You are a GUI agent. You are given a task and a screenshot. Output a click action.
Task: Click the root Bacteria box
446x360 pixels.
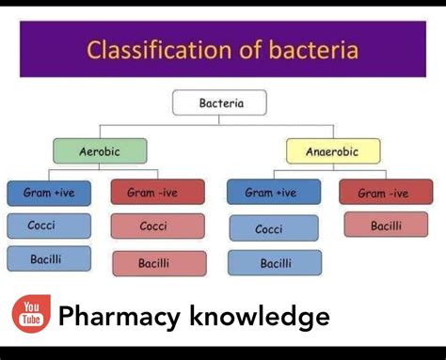219,102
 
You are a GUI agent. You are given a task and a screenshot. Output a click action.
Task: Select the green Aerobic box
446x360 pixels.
100,151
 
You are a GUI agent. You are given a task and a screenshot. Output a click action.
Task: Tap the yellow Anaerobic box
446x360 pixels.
333,151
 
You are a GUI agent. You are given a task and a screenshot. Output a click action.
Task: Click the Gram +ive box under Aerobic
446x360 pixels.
49,193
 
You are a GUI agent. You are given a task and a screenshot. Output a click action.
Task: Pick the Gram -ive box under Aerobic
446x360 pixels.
157,193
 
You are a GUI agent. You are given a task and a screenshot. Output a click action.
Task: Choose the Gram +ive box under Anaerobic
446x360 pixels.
273,193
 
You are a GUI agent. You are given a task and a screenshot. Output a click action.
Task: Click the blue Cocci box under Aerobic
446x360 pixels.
49,226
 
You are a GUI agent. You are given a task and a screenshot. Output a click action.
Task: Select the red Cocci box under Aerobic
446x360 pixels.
157,227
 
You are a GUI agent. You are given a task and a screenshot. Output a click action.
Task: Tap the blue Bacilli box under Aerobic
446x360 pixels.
49,258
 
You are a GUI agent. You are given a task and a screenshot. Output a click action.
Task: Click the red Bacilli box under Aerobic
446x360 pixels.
158,263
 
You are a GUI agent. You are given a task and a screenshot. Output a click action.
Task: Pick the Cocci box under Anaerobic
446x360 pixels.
273,229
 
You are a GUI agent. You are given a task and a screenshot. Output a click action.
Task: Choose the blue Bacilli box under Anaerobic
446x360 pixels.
274,263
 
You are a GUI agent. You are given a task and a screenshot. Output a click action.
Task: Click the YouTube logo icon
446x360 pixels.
30,314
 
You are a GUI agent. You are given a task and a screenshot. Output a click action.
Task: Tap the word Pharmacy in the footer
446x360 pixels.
118,317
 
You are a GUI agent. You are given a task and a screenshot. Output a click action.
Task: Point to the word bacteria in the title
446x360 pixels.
307,49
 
